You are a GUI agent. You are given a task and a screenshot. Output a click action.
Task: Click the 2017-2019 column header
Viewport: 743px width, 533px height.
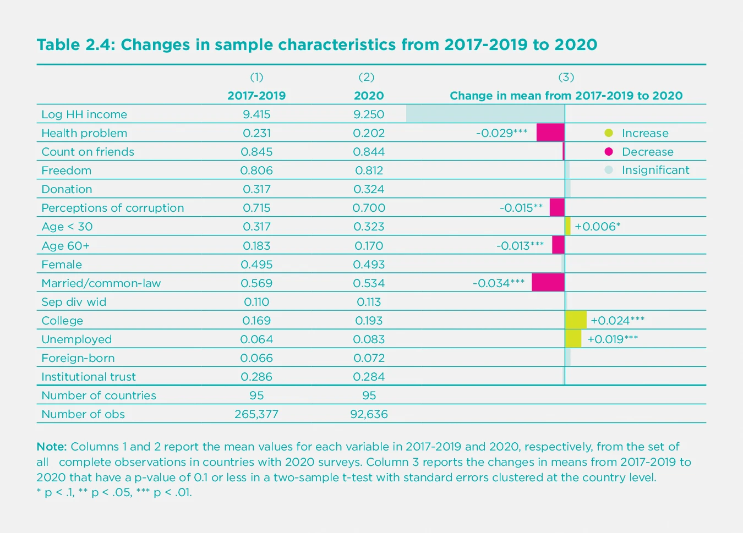256,96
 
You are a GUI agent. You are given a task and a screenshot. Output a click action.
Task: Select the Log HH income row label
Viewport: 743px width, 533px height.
84,114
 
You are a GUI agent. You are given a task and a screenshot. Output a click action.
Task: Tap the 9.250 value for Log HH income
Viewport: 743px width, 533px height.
369,114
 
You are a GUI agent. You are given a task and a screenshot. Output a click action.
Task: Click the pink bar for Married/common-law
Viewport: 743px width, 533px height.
548,283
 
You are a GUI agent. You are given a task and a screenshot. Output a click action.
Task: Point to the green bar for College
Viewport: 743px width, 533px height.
576,320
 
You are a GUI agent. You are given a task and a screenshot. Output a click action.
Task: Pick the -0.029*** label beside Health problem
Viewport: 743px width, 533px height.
501,133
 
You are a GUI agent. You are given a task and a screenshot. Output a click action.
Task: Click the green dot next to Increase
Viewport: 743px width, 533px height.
609,133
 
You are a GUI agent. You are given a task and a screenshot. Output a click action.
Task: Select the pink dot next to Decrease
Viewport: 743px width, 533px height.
609,152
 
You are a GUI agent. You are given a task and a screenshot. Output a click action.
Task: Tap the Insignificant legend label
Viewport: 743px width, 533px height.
655,171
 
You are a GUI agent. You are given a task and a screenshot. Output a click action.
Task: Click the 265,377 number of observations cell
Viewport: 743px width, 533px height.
256,414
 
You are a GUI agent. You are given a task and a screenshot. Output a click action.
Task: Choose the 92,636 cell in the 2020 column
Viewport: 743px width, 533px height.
369,414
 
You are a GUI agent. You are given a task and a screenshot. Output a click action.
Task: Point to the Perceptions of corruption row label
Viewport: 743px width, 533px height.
113,208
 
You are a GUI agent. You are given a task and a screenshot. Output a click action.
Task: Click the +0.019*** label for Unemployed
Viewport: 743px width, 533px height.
613,339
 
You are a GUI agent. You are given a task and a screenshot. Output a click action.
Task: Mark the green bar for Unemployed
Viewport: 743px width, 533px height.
573,339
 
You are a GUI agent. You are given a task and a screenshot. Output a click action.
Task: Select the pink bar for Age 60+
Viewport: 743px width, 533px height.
558,245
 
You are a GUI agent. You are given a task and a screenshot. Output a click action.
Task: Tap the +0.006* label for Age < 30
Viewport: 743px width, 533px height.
597,227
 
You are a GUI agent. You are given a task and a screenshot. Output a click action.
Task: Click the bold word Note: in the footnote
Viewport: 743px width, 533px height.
51,447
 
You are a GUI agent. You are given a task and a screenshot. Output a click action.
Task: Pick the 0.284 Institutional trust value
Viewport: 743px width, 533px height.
369,377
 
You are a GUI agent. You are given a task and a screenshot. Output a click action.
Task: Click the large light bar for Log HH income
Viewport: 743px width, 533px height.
485,114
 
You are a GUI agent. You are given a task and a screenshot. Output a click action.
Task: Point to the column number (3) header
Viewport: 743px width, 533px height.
566,77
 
